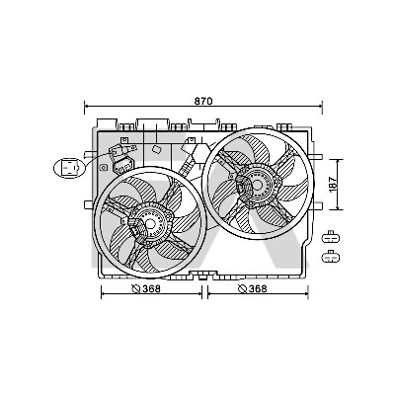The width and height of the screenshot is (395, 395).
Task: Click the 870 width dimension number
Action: pos(203,101)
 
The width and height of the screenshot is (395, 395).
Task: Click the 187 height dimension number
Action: pos(333,185)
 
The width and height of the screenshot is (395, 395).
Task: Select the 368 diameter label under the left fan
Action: pos(151,288)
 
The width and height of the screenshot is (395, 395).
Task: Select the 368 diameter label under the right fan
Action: pos(258,288)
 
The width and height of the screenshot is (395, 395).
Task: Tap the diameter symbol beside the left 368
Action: pos(136,289)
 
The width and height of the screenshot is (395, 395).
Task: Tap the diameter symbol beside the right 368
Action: pos(243,289)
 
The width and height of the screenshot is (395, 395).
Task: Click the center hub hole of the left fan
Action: pos(150,224)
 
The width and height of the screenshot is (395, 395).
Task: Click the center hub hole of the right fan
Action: pos(257,185)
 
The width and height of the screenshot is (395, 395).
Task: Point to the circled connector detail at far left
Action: pos(69,168)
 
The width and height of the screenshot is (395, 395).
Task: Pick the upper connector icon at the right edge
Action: pos(331,237)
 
